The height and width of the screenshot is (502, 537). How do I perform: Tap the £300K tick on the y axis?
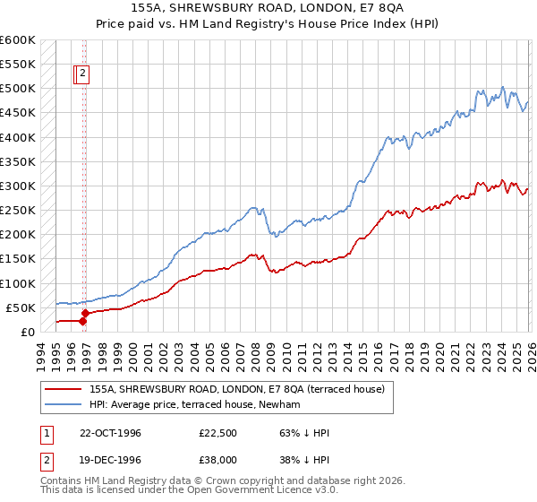(x=17, y=186)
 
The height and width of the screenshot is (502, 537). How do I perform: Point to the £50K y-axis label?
(x=20, y=307)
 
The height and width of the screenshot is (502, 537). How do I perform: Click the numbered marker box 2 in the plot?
(x=82, y=75)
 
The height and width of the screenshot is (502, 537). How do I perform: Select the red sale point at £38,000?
(x=83, y=313)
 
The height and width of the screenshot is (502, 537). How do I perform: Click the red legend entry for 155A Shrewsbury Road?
(x=236, y=389)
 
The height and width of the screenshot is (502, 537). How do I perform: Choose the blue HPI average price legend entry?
(x=196, y=405)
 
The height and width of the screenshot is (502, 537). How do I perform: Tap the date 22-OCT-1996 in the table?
(x=111, y=433)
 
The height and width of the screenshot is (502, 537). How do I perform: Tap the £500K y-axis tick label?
(x=17, y=89)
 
